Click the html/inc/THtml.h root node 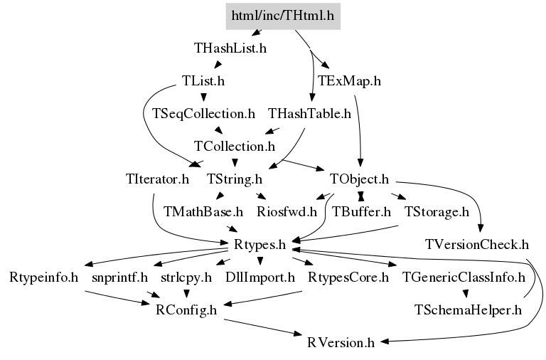[x=282, y=15]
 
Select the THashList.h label [x=230, y=48]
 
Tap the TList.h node [x=203, y=81]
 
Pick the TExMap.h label [x=349, y=81]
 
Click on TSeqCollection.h [x=203, y=113]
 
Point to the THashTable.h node [x=309, y=113]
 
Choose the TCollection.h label [x=235, y=147]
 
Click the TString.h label [x=235, y=179]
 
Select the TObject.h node [x=359, y=179]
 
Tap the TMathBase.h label [x=203, y=212]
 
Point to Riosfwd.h [x=287, y=212]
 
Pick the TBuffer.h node [x=361, y=212]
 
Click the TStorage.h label [x=437, y=212]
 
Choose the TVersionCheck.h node [x=477, y=245]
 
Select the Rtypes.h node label [x=259, y=245]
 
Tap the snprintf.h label [x=119, y=277]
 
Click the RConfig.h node [x=186, y=310]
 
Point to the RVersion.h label [x=341, y=343]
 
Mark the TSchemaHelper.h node [x=468, y=310]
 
